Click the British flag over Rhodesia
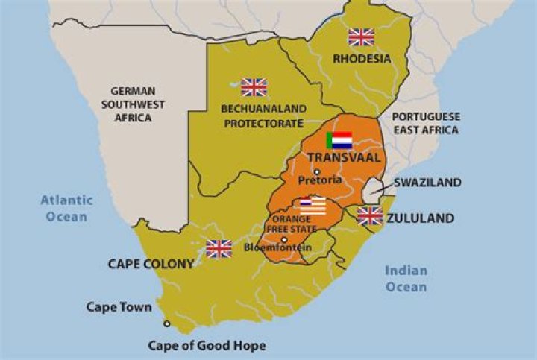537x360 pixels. click(361, 37)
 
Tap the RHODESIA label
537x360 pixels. click(362, 58)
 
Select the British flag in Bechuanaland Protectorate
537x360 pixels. click(254, 87)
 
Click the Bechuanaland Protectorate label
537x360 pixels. click(253, 116)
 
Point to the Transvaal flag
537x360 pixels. click(339, 140)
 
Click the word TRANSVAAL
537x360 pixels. click(344, 158)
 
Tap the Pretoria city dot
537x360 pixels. click(316, 171)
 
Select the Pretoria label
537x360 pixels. click(319, 181)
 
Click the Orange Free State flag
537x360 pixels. click(313, 205)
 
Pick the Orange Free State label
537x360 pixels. click(292, 224)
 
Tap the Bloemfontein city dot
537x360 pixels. click(283, 239)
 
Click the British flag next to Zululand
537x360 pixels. click(370, 216)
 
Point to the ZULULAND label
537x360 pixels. click(420, 218)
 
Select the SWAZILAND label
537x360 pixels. click(427, 183)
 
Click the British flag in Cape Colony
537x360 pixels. click(219, 248)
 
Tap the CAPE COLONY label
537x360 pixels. click(151, 264)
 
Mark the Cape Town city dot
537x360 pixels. click(166, 323)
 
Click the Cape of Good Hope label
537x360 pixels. click(207, 346)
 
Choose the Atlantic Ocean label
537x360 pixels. click(66, 208)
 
